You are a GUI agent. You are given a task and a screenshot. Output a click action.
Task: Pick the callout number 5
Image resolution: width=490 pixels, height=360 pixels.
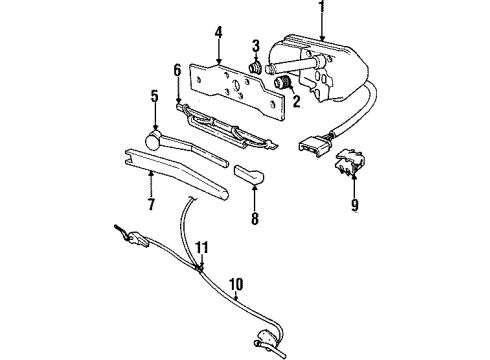tap(154, 97)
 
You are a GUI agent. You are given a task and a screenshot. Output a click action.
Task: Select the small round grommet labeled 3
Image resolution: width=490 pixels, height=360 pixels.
tap(255, 68)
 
